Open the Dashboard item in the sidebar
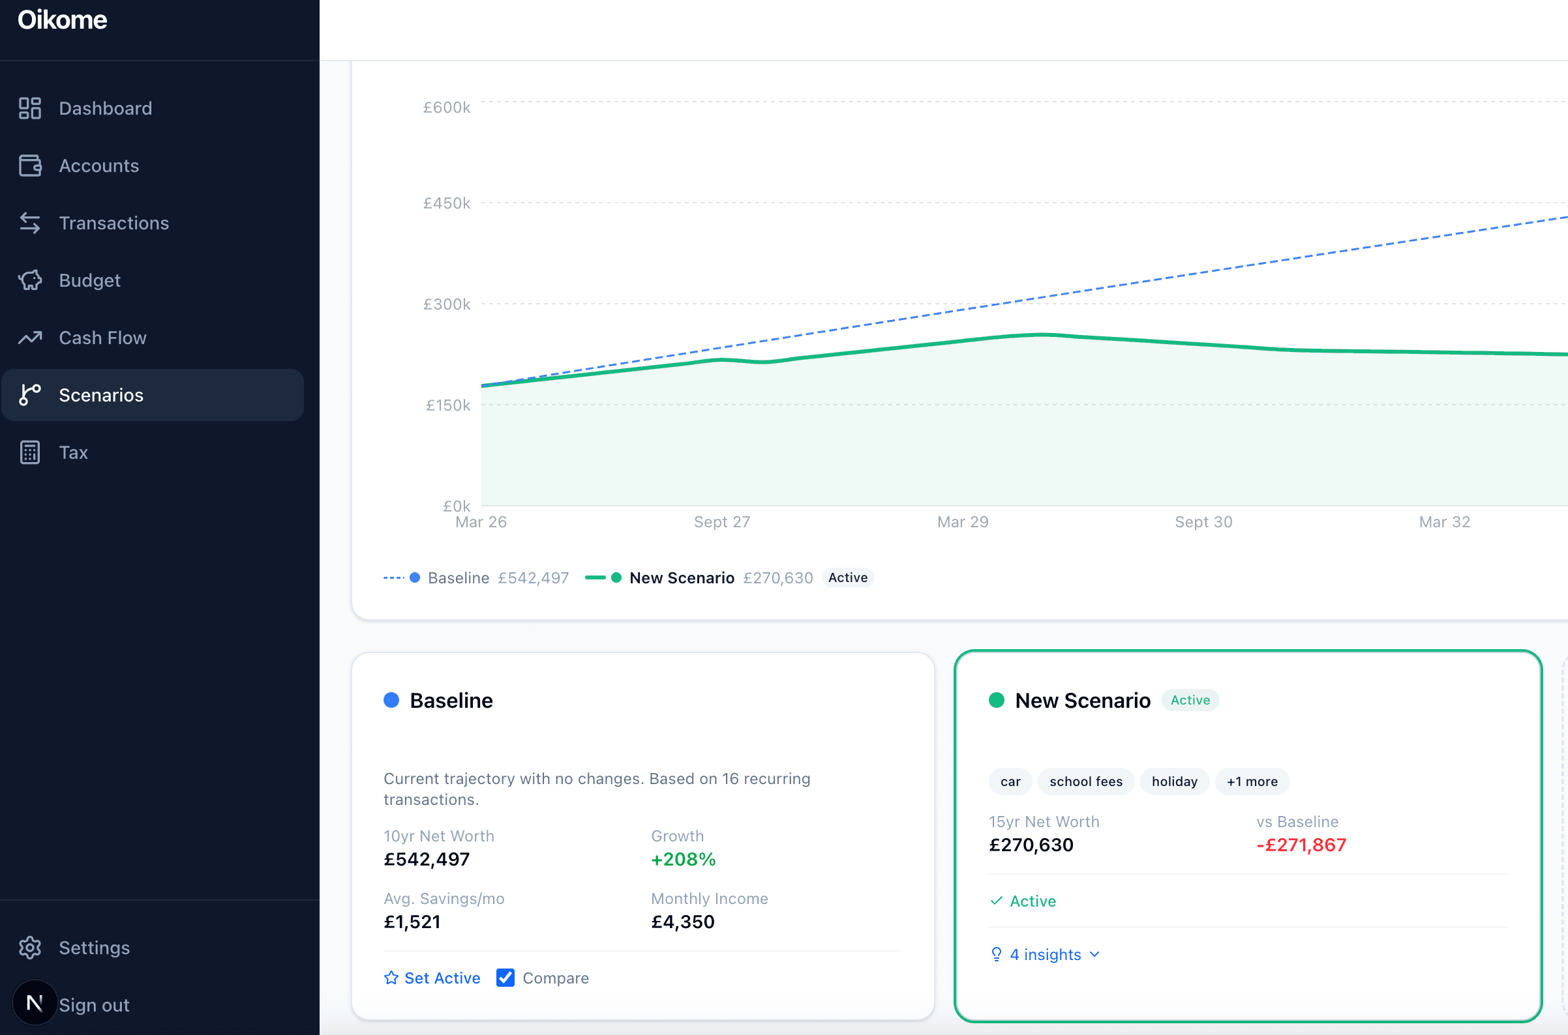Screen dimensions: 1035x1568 [x=105, y=108]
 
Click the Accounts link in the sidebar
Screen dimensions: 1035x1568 [x=98, y=166]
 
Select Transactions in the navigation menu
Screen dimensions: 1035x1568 [x=113, y=223]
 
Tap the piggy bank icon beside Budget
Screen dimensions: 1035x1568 [x=30, y=280]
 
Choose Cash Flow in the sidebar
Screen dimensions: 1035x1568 [x=102, y=338]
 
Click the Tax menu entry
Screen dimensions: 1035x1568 [x=72, y=453]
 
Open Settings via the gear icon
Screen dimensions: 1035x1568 [x=30, y=948]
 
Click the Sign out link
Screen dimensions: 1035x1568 [x=94, y=1005]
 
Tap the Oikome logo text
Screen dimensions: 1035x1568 [x=62, y=20]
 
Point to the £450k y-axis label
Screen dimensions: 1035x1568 [x=447, y=203]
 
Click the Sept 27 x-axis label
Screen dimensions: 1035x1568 [x=722, y=522]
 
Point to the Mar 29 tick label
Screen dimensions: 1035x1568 [x=962, y=522]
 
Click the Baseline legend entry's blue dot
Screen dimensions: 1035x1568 [x=415, y=577]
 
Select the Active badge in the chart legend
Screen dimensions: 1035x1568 [x=847, y=577]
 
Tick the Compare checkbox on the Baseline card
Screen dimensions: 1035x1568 [x=505, y=978]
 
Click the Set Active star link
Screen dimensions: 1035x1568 [x=432, y=978]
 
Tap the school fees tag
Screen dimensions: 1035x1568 [x=1085, y=781]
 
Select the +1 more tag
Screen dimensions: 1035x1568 [x=1252, y=781]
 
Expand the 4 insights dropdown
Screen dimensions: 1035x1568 [x=1046, y=954]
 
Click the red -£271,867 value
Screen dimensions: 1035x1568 [x=1301, y=845]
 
